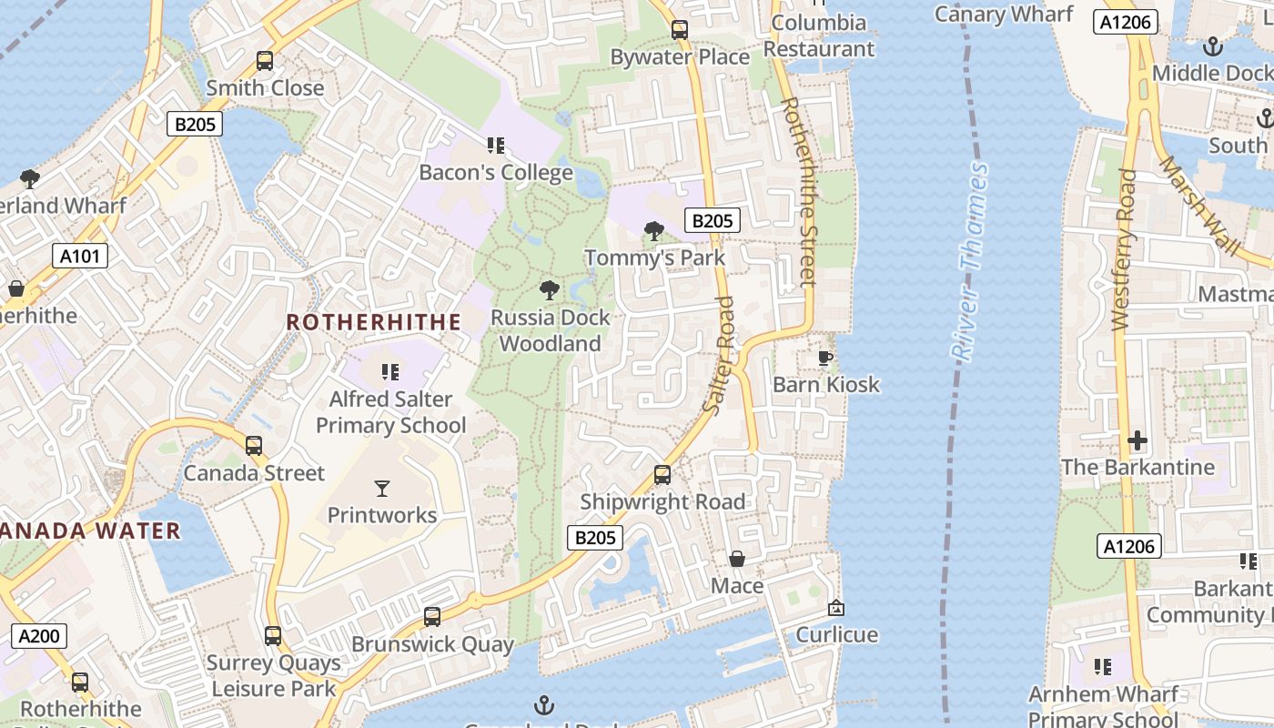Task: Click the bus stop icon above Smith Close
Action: click(x=265, y=61)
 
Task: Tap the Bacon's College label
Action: click(x=496, y=172)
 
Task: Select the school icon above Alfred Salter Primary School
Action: click(x=390, y=371)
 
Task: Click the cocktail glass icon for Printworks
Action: click(x=382, y=489)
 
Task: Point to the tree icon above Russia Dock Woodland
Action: click(x=549, y=290)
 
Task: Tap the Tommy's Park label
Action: click(x=655, y=258)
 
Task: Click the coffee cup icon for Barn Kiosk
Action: click(x=825, y=358)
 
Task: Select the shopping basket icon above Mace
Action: click(x=737, y=559)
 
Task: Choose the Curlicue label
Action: click(x=837, y=634)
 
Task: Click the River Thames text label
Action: click(x=968, y=262)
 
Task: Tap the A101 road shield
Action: click(x=79, y=256)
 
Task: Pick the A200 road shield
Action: click(x=39, y=635)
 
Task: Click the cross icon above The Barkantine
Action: click(x=1137, y=441)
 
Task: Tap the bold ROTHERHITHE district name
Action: click(x=373, y=322)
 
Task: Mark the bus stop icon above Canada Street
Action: click(x=254, y=446)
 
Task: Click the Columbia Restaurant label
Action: click(x=819, y=35)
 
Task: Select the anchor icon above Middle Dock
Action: click(x=1212, y=45)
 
